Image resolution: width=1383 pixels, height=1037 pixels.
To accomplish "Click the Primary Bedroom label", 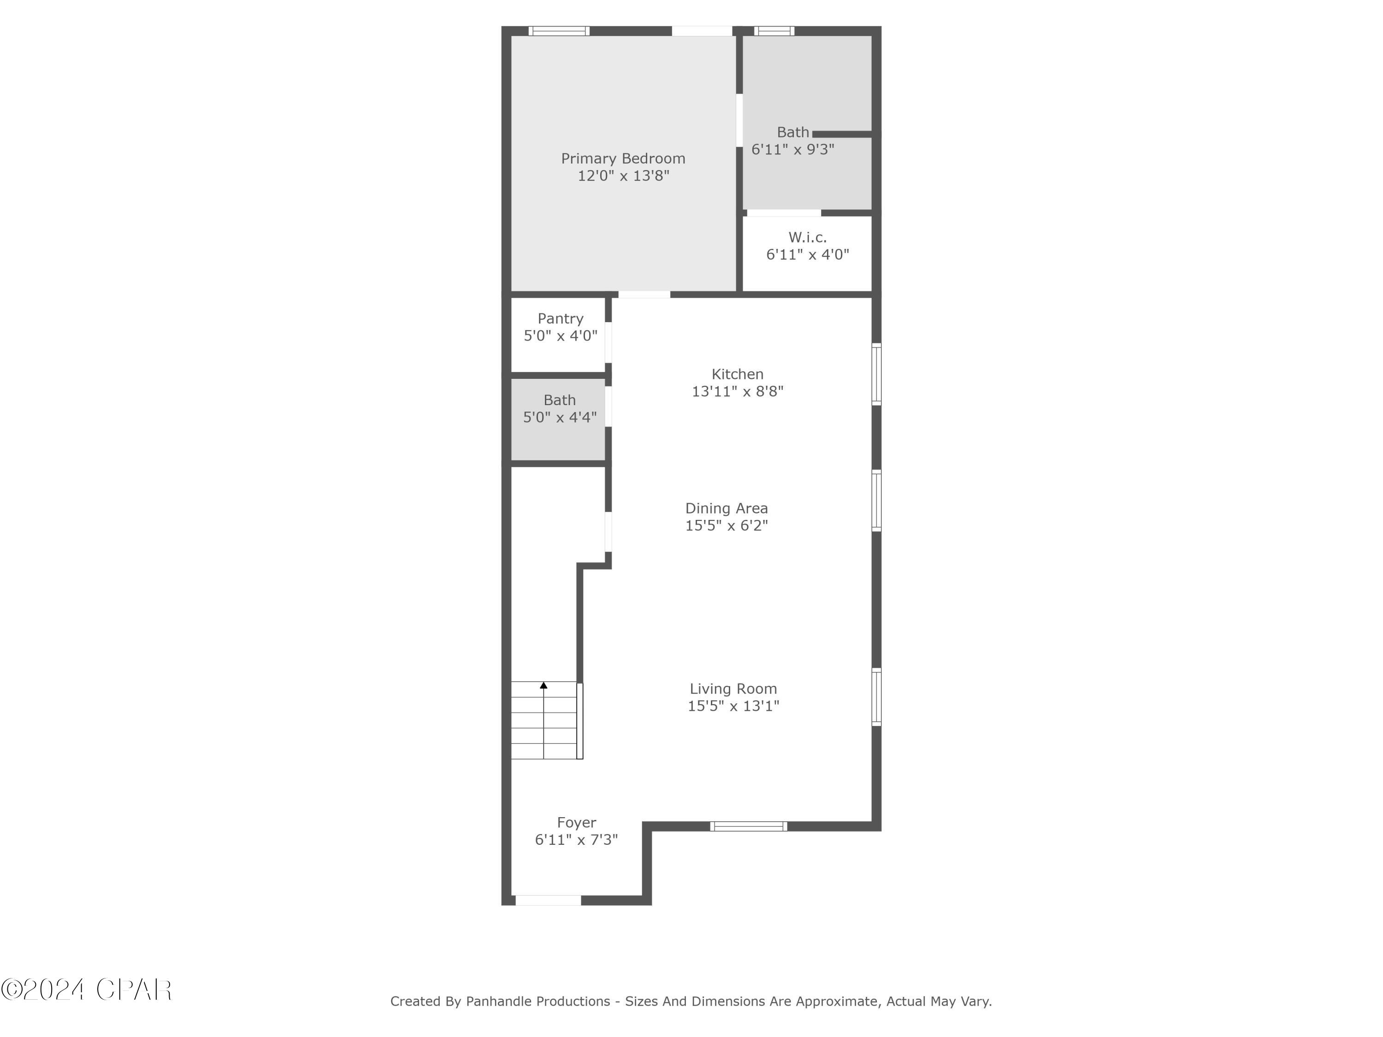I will tap(623, 159).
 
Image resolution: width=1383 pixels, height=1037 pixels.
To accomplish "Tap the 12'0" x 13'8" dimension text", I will tap(623, 176).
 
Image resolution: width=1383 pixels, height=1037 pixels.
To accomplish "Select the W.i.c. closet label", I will tap(807, 237).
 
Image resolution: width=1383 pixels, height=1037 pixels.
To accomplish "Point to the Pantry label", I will tap(560, 319).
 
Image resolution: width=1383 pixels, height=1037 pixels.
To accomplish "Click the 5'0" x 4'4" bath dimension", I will tap(560, 417).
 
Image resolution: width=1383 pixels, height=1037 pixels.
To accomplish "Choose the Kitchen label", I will tap(737, 374).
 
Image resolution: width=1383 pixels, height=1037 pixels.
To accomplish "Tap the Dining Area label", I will tap(726, 508).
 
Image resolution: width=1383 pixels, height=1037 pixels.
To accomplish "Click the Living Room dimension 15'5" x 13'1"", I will tap(733, 706).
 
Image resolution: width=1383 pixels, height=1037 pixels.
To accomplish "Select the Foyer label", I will tap(576, 823).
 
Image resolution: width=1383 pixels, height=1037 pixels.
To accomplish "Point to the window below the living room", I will tap(748, 826).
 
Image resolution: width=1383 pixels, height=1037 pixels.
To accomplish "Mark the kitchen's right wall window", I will tap(876, 374).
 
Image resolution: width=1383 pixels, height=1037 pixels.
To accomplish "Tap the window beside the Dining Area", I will tap(876, 501).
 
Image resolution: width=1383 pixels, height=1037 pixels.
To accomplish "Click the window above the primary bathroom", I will tap(774, 30).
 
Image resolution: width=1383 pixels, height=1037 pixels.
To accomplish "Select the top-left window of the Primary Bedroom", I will tap(558, 30).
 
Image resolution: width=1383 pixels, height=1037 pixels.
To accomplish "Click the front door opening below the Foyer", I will tap(548, 900).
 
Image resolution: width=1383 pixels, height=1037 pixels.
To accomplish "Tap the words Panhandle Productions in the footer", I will tap(538, 1002).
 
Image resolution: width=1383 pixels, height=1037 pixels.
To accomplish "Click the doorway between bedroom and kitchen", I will tap(644, 295).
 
